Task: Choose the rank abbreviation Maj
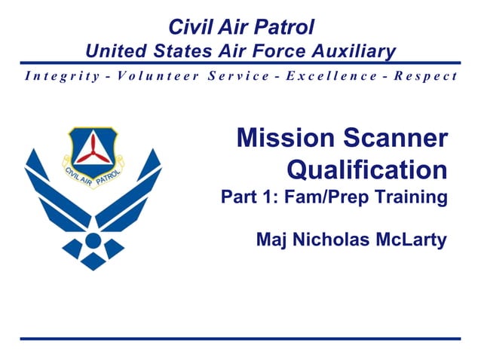270,240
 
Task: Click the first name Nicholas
325,240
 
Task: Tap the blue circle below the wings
93,241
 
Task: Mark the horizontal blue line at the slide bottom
240,339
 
